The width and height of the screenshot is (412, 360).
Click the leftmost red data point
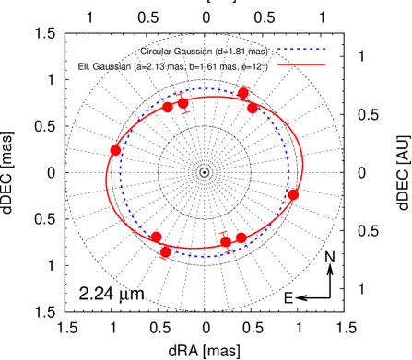[115, 150]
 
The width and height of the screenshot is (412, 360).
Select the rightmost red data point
[293, 194]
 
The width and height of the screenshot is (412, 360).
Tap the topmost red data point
[243, 92]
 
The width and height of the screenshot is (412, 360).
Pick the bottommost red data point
[166, 251]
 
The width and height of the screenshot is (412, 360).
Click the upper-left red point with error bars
[183, 103]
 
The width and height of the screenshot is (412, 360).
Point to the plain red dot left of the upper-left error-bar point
[168, 107]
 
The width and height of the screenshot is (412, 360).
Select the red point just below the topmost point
[253, 108]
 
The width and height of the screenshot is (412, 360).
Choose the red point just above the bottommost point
[157, 237]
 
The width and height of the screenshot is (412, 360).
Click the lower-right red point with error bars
[226, 241]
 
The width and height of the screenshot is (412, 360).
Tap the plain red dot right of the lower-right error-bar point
[241, 238]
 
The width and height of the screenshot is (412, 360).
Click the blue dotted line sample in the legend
[301, 50]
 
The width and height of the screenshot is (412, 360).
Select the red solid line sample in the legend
[301, 64]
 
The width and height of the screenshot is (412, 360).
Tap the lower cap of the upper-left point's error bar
[186, 112]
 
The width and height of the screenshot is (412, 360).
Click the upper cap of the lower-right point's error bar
[223, 233]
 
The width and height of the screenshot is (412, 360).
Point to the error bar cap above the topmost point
[244, 86]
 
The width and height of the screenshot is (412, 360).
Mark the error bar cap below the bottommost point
[163, 259]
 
